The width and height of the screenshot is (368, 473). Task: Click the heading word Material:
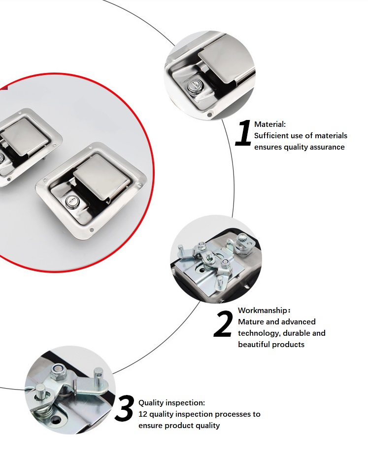click(269, 124)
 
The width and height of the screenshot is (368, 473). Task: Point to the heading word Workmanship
click(262, 311)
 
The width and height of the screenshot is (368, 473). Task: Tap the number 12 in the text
click(143, 414)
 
